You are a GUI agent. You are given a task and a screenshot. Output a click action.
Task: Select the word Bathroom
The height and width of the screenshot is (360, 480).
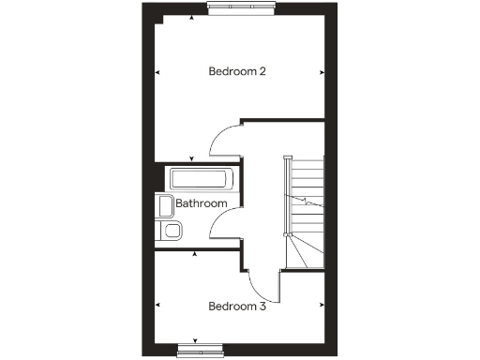point(201,202)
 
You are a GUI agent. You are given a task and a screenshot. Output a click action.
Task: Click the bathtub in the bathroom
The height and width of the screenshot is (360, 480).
point(202,179)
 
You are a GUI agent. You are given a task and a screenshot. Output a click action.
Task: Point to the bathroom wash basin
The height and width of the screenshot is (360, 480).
point(164,206)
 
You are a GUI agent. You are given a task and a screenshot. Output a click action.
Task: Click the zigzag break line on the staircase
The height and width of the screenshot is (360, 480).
point(307,199)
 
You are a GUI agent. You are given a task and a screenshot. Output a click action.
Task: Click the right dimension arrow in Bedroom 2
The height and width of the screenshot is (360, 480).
point(322,71)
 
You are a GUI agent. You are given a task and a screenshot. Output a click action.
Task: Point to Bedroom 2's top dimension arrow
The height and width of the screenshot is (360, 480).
point(191,19)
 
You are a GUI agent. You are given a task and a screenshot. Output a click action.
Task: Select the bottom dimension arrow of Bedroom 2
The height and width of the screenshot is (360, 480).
point(191,158)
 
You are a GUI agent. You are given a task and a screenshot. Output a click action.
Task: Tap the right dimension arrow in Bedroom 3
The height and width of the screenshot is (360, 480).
point(322,306)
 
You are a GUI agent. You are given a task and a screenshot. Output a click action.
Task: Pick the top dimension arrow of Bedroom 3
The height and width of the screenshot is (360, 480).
point(194,254)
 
